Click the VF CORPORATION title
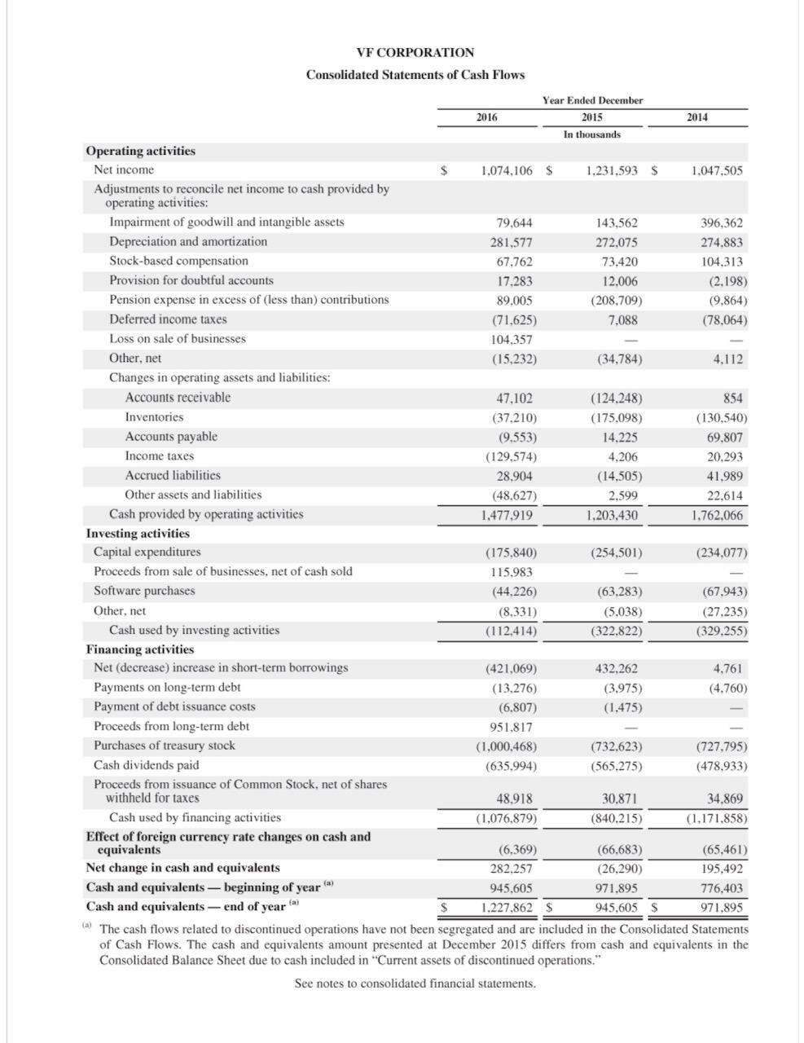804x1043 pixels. [x=415, y=52]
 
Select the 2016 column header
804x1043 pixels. [x=486, y=117]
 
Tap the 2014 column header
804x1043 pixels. [x=696, y=117]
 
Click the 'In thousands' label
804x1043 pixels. [x=591, y=134]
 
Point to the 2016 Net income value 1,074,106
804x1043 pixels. [x=507, y=170]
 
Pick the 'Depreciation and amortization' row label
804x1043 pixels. [x=188, y=241]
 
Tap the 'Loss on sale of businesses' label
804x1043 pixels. [x=178, y=338]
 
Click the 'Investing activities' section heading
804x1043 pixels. [x=138, y=533]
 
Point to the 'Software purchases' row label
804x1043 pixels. [x=144, y=591]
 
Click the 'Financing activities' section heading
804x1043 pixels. [x=140, y=649]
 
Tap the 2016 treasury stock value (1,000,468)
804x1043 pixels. [x=506, y=746]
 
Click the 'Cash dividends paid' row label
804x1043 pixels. [x=146, y=765]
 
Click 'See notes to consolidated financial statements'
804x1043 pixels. [x=415, y=984]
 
